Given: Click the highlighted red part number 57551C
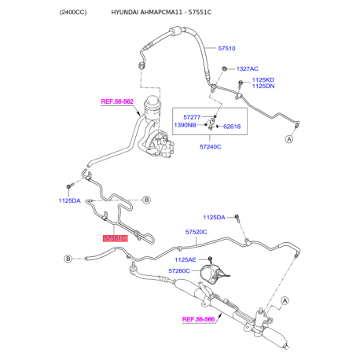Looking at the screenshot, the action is [x=115, y=238].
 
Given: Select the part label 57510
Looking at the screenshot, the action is [x=226, y=49].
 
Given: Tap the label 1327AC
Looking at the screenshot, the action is [x=247, y=69].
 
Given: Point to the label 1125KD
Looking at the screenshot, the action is [x=263, y=80].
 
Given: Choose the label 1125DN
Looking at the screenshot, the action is [x=263, y=86].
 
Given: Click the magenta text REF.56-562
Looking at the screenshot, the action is [x=117, y=101].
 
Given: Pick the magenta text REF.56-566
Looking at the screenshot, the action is [x=198, y=319].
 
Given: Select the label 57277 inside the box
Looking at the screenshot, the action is [x=192, y=117].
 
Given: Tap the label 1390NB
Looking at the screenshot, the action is [x=185, y=125].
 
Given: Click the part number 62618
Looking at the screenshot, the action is [x=232, y=127].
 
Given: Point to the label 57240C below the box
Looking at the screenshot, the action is [x=211, y=147].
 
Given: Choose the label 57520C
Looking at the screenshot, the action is [x=197, y=232].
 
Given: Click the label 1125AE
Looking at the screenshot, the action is [x=186, y=259].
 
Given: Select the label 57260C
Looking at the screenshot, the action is [x=179, y=270].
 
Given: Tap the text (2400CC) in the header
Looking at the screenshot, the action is [x=73, y=13].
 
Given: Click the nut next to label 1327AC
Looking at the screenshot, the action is [x=224, y=69].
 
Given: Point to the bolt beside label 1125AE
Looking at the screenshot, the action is [x=210, y=259].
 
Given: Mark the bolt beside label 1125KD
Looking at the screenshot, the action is [x=241, y=83].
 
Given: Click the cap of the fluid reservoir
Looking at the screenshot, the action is [x=152, y=100].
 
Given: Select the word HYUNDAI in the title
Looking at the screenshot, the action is [x=125, y=13].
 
